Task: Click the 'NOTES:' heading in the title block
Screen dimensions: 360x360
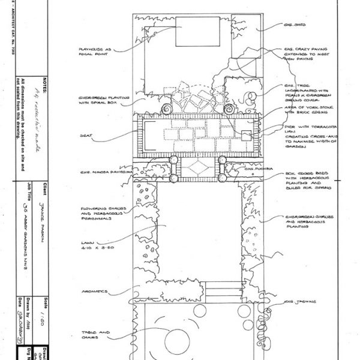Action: pos(44,82)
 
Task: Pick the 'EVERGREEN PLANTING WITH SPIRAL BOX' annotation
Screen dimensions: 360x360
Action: pos(96,99)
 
